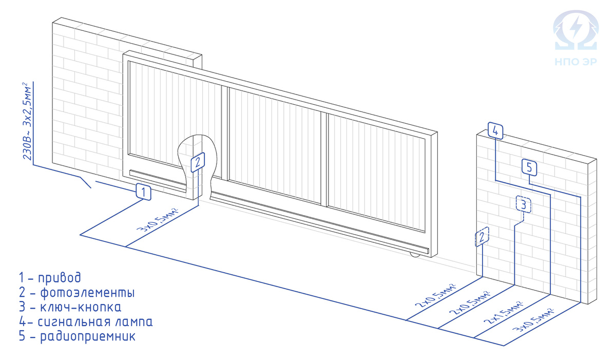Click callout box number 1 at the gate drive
tap(144, 192)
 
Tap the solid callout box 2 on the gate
tap(198, 162)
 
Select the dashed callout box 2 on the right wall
tap(482, 237)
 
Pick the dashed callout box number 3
tap(523, 204)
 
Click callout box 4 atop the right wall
tap(495, 130)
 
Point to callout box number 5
tap(529, 167)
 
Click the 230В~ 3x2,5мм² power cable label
tap(28, 121)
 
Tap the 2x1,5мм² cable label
tap(503, 313)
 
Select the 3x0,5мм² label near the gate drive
tap(158, 220)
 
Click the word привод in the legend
tap(60, 277)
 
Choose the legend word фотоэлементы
tap(87, 293)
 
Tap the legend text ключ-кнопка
tap(81, 307)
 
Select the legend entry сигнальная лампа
tap(95, 322)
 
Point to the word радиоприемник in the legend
tap(88, 337)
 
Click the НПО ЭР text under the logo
tap(575, 62)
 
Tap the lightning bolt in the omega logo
tap(575, 28)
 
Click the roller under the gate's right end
tap(415, 256)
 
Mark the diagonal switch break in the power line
tap(86, 182)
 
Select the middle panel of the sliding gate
tap(275, 146)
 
